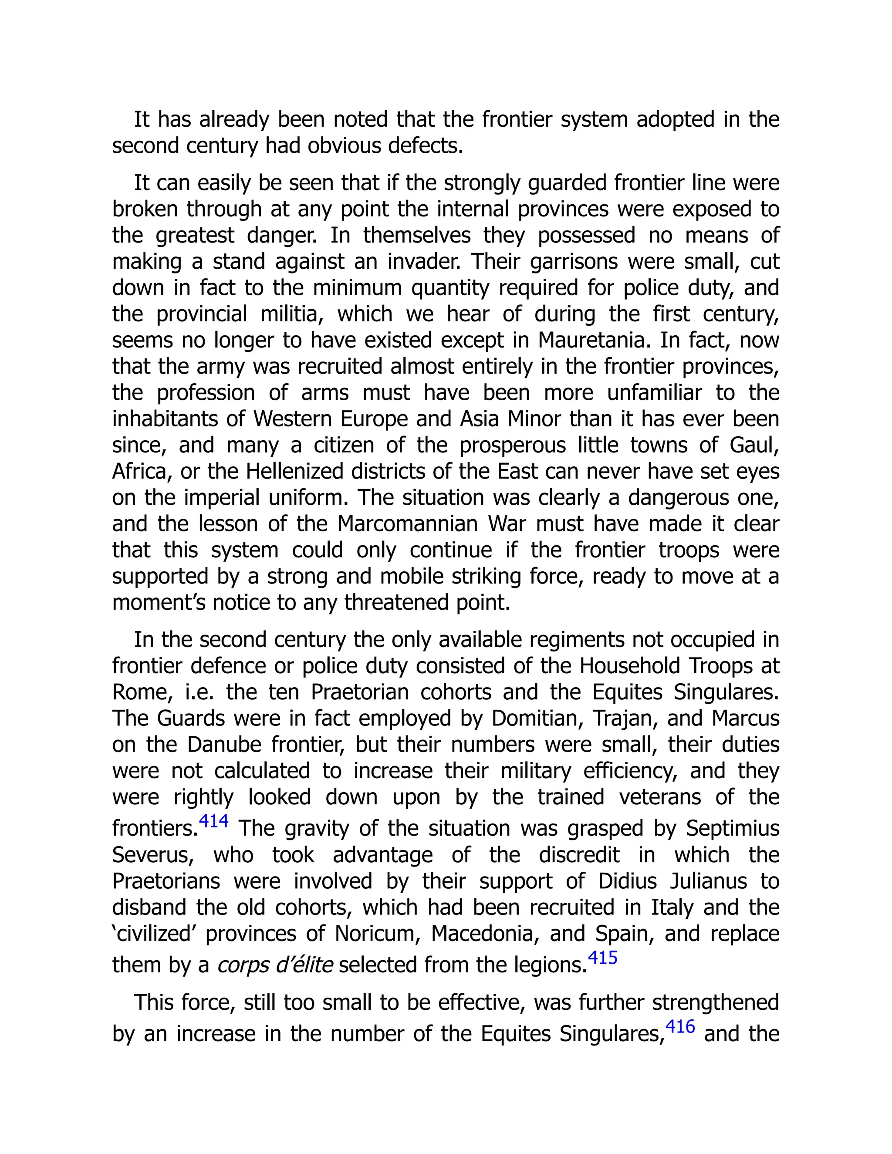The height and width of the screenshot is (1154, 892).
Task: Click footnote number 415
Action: [x=602, y=958]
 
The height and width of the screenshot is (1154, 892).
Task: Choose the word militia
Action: [x=292, y=314]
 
